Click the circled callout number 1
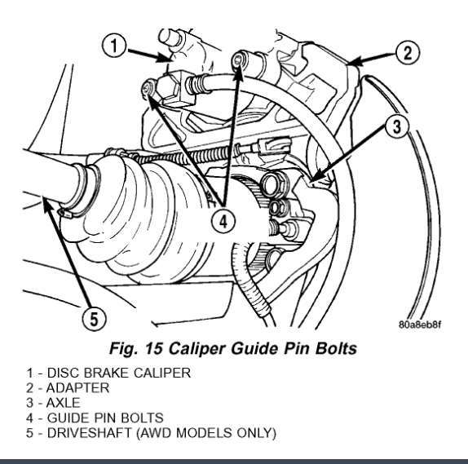[114, 46]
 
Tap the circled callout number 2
[408, 53]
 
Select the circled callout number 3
[396, 126]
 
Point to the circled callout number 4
[223, 222]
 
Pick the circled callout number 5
[94, 319]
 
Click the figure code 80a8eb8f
[420, 325]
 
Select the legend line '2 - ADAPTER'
[68, 388]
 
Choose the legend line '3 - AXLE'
[53, 403]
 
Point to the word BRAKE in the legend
[107, 373]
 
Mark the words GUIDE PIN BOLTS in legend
[105, 418]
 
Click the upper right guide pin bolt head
[239, 60]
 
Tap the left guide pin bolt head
[148, 88]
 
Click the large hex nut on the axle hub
[274, 184]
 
